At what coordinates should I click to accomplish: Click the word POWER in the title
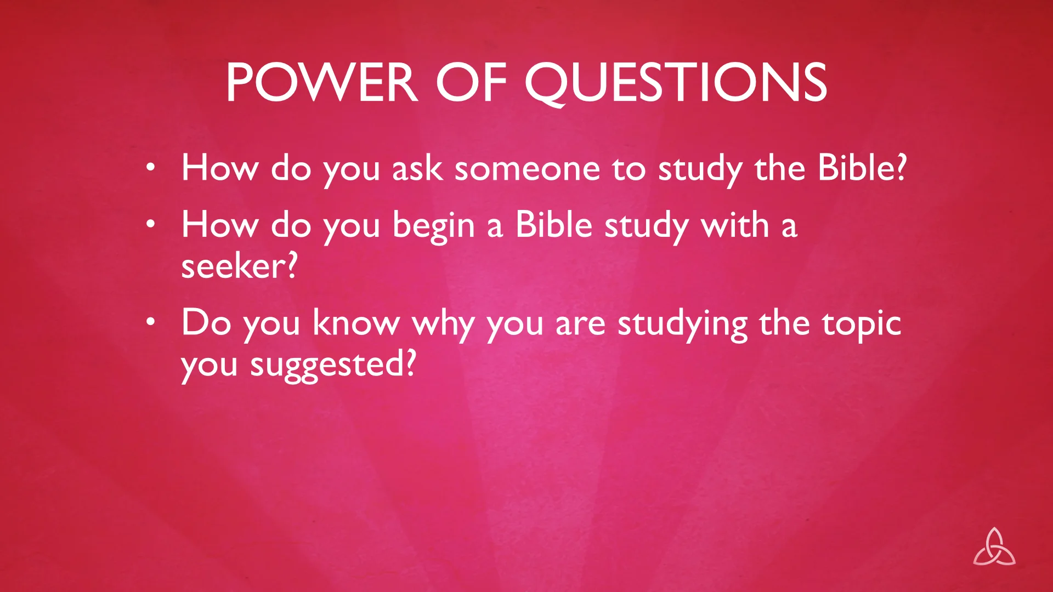[321, 82]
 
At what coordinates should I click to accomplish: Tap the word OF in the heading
[471, 82]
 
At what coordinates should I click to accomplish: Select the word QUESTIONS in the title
[676, 82]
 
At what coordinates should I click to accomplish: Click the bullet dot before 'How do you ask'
[151, 167]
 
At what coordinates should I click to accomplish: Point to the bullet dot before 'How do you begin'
[151, 224]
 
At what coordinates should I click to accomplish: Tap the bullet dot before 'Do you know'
[151, 322]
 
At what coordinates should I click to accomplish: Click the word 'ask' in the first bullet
[417, 168]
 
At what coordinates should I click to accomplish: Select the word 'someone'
[527, 168]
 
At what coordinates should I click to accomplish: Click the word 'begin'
[433, 226]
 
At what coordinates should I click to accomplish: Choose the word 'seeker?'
[239, 266]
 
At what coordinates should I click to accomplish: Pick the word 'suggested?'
[333, 365]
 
